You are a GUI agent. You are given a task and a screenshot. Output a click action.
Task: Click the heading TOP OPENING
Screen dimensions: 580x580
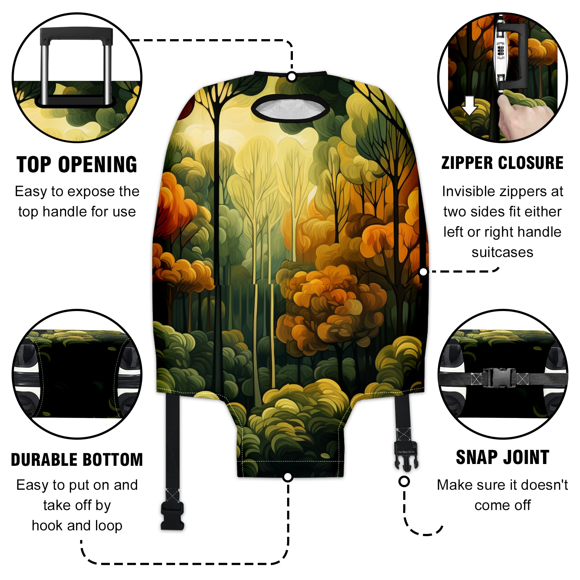77,165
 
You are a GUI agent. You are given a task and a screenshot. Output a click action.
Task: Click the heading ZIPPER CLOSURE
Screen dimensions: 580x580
502,163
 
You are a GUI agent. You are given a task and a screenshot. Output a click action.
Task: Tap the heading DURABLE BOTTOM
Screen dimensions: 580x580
77,460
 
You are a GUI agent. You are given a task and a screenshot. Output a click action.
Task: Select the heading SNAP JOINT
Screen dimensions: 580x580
502,457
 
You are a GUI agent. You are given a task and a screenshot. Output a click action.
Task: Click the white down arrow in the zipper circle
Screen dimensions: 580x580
469,105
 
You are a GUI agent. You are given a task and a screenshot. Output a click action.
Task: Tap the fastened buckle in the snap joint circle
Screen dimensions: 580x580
500,378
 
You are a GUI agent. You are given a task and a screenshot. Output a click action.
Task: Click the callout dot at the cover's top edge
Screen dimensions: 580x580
291,77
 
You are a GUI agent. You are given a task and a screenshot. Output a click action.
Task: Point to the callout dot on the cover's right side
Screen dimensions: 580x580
423,272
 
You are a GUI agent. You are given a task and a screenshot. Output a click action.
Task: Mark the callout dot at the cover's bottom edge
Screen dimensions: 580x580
288,477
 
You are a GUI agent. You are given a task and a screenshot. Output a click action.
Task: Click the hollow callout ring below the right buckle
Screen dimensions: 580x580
404,481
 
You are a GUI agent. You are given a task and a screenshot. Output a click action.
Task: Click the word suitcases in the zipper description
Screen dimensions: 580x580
502,252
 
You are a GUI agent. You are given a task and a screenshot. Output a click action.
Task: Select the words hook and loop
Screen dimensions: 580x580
77,526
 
